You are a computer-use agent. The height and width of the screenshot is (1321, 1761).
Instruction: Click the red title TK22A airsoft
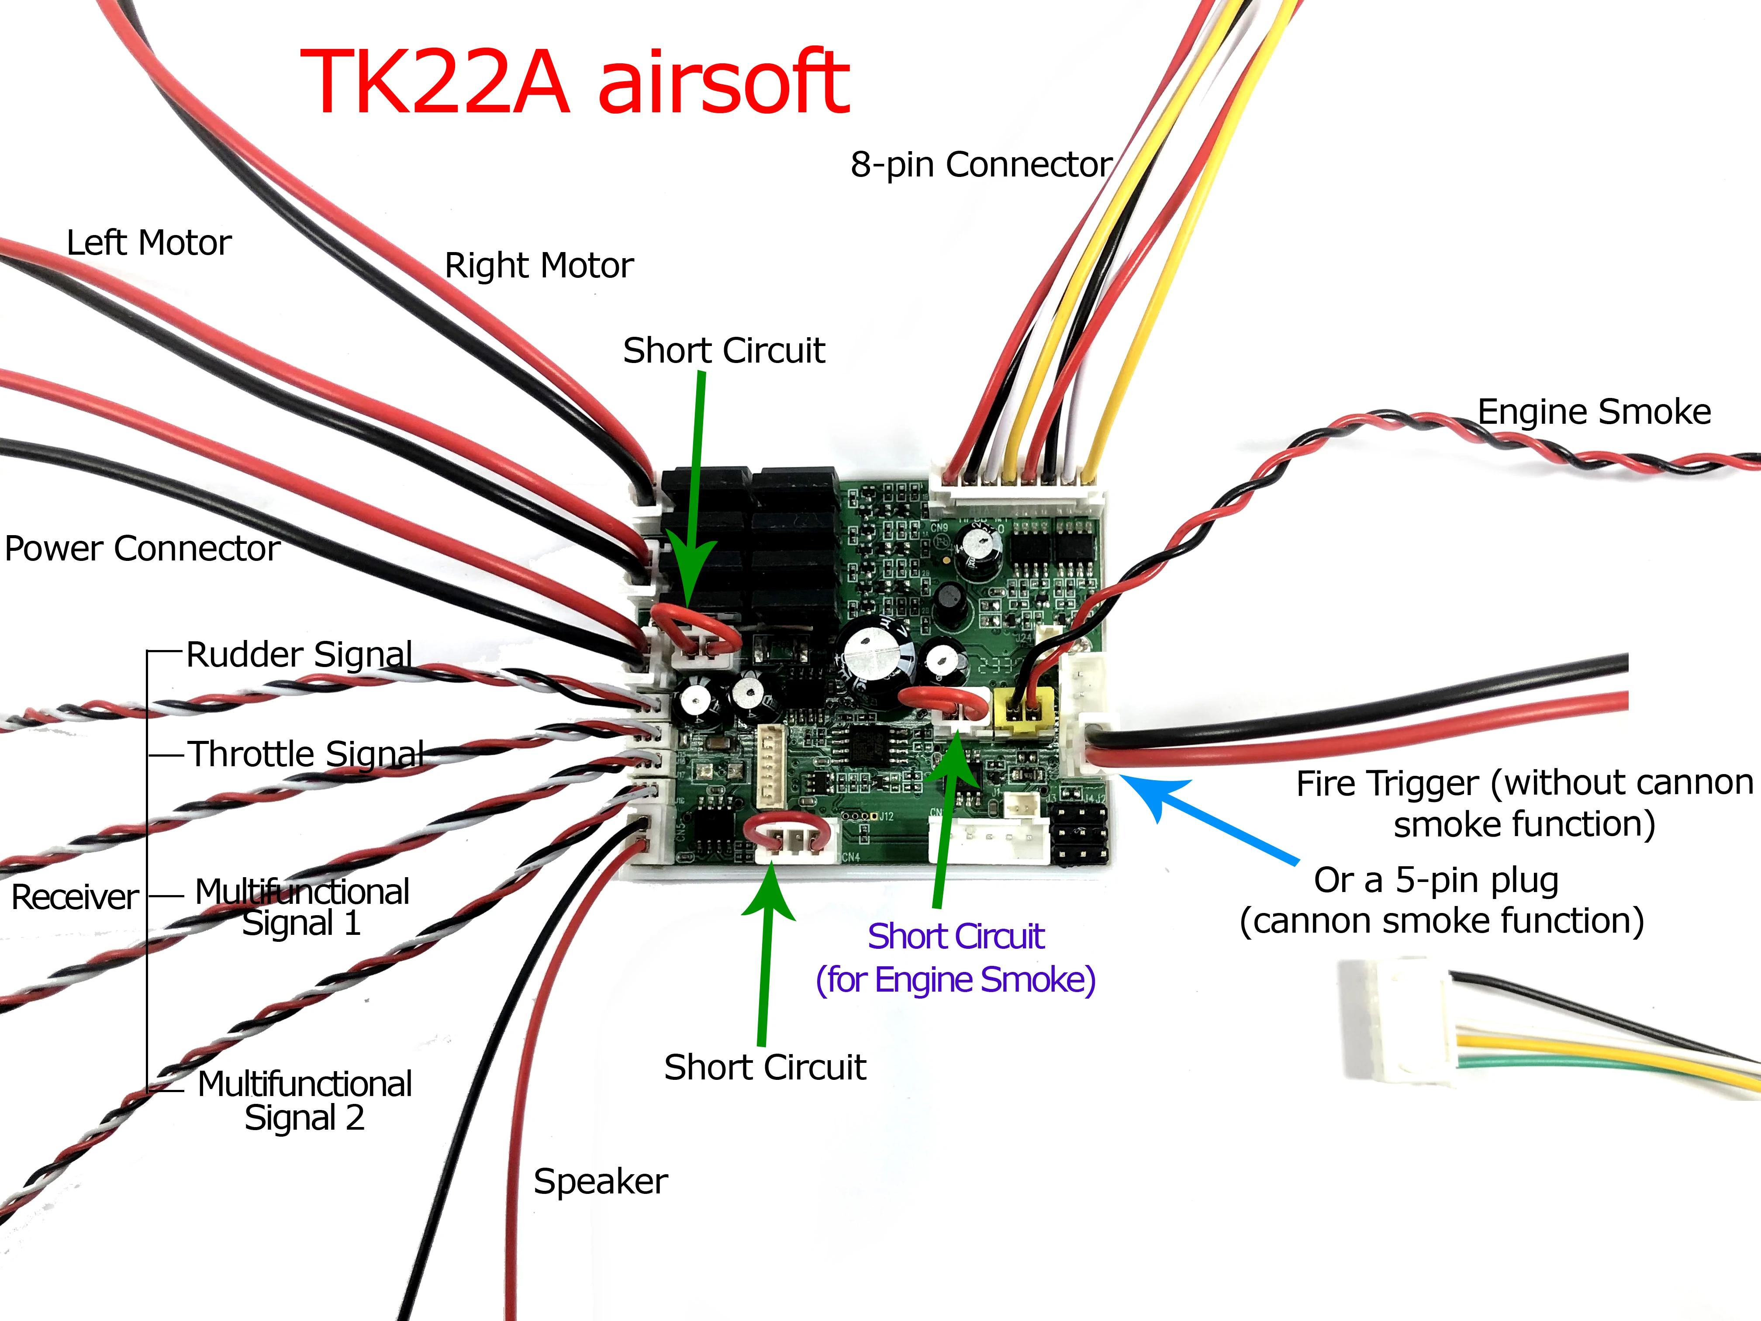575,82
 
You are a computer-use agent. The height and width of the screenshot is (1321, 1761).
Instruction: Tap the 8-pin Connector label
981,165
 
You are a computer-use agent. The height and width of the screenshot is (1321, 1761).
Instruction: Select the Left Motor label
149,243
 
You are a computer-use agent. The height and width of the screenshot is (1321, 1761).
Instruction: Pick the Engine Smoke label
1594,412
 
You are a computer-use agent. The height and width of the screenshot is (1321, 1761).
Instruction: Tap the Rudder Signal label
299,654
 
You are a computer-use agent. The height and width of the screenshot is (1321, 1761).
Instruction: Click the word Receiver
76,897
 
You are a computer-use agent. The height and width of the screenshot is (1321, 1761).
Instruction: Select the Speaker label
600,1182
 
